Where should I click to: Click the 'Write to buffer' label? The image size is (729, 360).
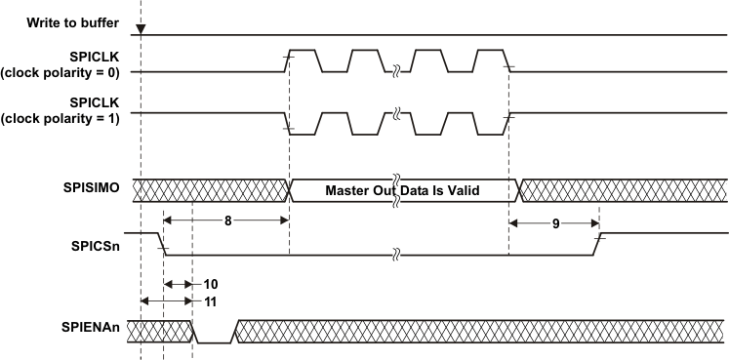72,22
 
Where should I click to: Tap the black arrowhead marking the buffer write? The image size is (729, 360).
141,30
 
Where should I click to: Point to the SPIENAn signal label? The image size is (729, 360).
91,328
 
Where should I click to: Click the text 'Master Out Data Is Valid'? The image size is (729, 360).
402,190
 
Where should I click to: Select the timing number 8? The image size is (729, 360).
227,220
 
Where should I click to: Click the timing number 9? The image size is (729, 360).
555,223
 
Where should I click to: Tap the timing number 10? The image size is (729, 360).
210,284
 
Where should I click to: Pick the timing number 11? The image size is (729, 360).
210,301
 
